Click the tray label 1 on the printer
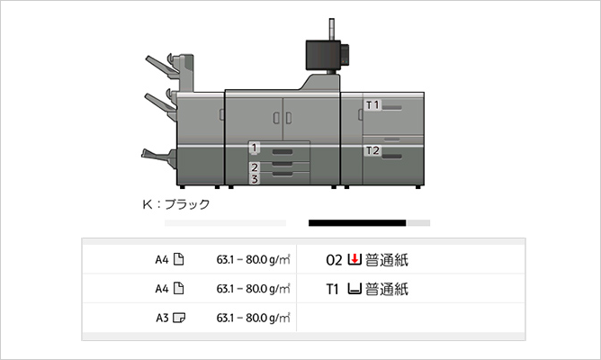[255, 148]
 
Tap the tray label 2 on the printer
[255, 167]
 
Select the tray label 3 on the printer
[255, 179]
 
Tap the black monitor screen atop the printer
[321, 54]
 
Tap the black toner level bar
[357, 222]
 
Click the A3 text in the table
[162, 318]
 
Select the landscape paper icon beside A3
[178, 318]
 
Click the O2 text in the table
[334, 261]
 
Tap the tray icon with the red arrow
[354, 261]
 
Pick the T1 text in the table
[334, 290]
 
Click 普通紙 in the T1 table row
[387, 290]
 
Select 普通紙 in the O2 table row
[387, 261]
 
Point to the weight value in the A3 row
[253, 318]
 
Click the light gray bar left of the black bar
[224, 222]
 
